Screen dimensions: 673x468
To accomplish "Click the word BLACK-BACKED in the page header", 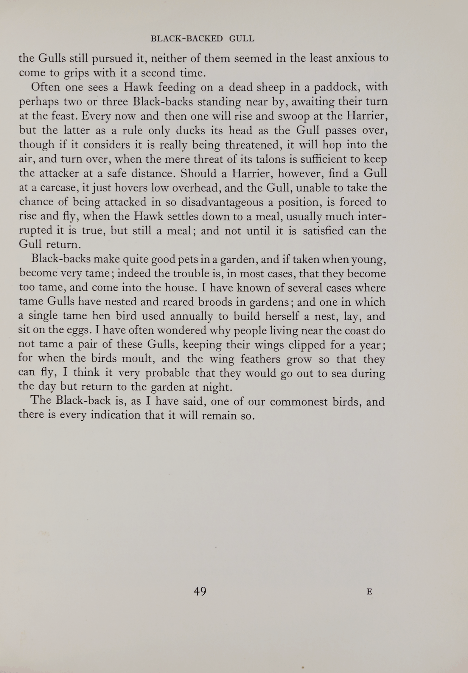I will (187, 39).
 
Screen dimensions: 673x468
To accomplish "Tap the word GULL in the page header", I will (242, 39).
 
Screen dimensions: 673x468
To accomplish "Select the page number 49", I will (200, 591).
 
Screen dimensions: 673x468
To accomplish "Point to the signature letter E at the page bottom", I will (369, 592).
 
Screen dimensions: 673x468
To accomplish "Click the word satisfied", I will (323, 231).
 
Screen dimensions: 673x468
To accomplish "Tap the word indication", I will (115, 416).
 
